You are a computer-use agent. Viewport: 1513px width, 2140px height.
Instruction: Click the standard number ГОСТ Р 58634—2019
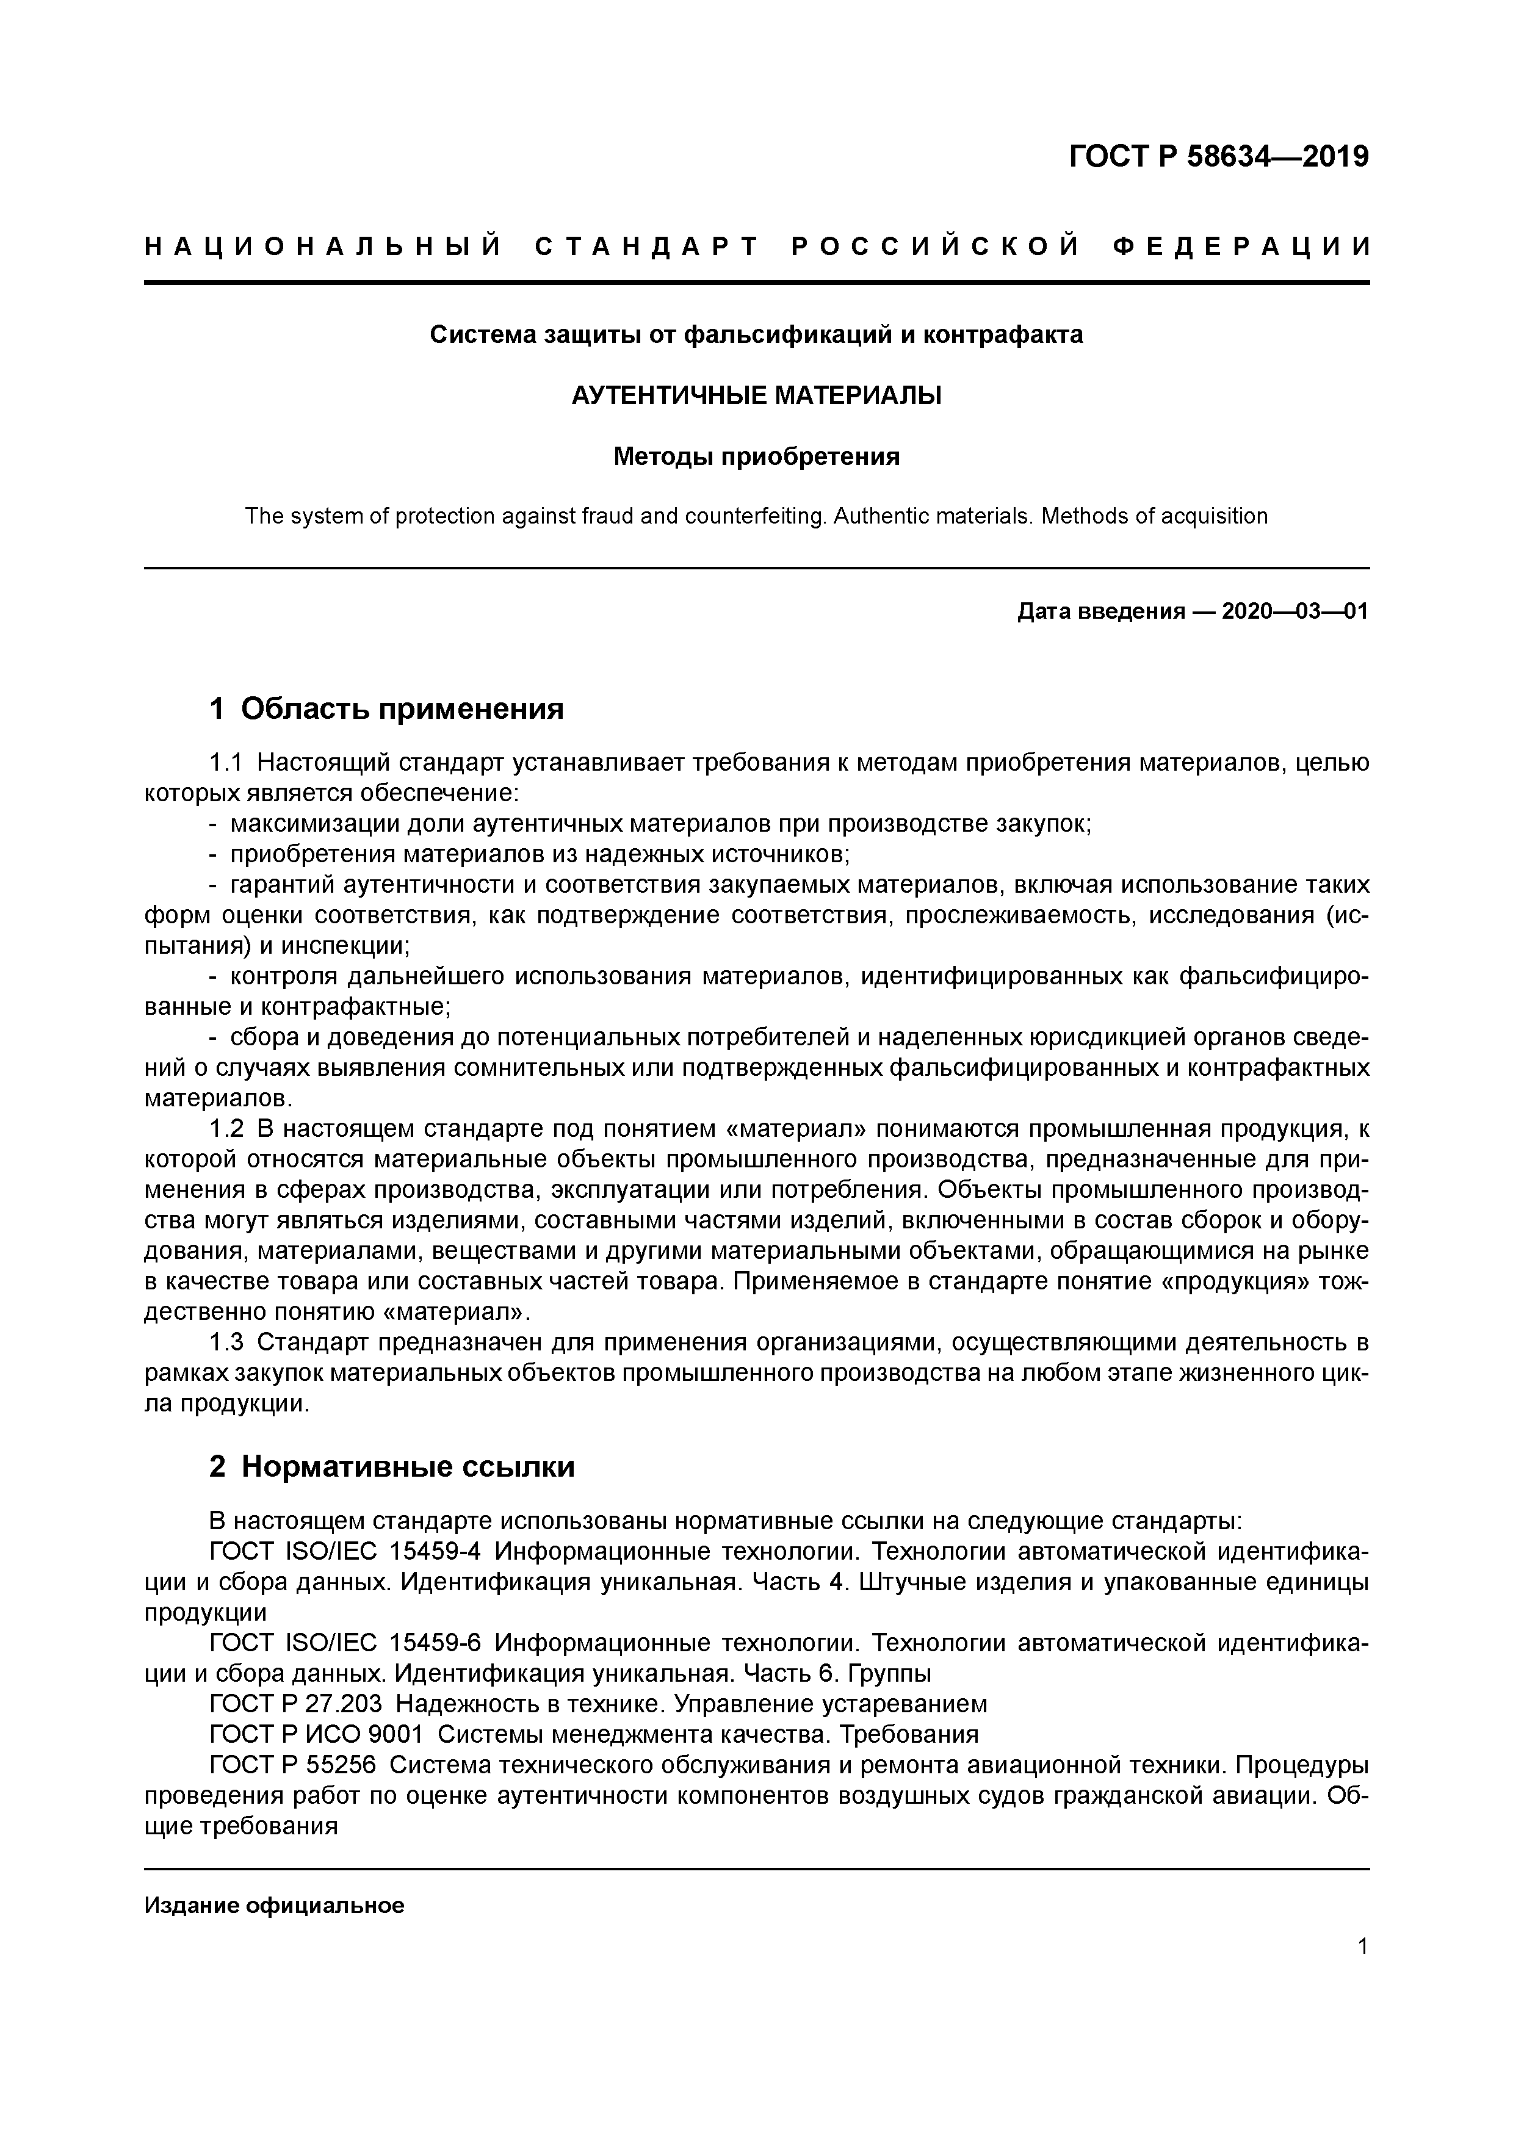[1218, 157]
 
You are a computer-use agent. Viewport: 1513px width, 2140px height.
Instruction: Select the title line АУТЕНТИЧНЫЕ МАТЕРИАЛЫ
[756, 395]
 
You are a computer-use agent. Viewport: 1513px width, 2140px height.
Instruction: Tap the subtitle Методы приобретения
[756, 456]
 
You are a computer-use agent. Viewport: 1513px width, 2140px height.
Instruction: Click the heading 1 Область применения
[387, 709]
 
